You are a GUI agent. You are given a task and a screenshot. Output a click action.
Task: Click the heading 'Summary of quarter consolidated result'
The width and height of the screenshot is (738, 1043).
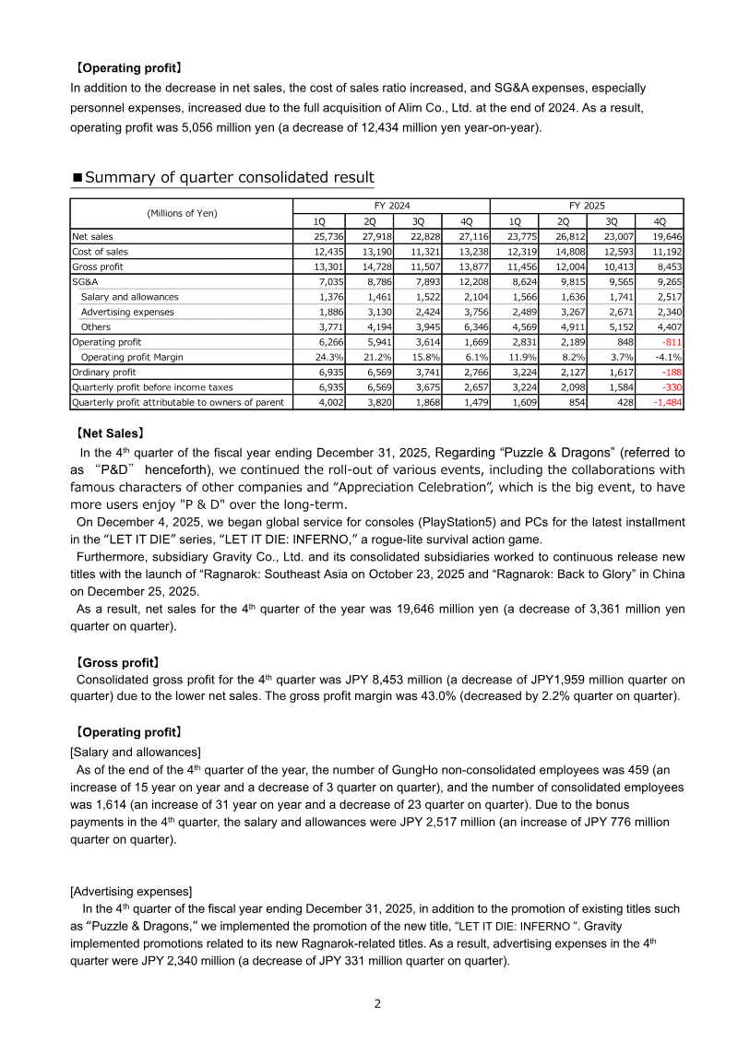pyautogui.click(x=229, y=178)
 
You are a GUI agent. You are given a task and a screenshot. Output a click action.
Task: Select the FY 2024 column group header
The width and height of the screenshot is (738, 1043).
pyautogui.click(x=390, y=207)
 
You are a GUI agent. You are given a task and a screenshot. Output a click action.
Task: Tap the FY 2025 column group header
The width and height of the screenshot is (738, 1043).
pyautogui.click(x=587, y=207)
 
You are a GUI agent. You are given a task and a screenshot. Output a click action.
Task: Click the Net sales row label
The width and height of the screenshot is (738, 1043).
pyautogui.click(x=93, y=236)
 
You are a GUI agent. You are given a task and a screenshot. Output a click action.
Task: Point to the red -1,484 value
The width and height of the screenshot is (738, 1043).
pyautogui.click(x=662, y=402)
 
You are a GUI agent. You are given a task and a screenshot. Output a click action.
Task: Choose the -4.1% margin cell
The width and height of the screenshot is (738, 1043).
pyautogui.click(x=665, y=356)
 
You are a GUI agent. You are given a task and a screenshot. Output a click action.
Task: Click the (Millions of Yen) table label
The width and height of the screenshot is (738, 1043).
pyautogui.click(x=182, y=213)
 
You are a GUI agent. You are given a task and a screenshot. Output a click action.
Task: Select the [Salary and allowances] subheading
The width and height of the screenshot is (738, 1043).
pyautogui.click(x=136, y=752)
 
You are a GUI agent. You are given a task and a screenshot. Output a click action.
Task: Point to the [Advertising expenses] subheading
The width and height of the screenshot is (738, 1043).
pyautogui.click(x=131, y=891)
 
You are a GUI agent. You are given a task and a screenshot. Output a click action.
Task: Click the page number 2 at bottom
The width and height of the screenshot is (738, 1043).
pyautogui.click(x=376, y=1003)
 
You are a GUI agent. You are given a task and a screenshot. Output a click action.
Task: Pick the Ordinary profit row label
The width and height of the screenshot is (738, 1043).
pyautogui.click(x=105, y=372)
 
